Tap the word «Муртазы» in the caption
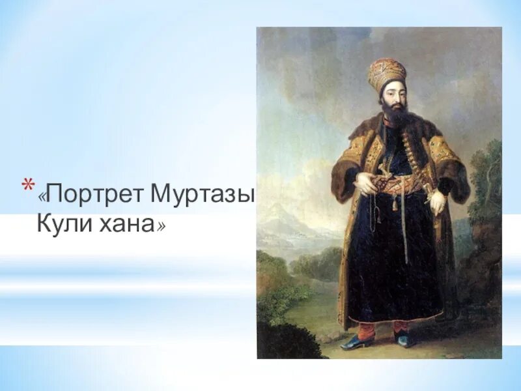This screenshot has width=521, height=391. pyautogui.click(x=202, y=194)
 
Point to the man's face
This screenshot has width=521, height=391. pyautogui.click(x=393, y=98)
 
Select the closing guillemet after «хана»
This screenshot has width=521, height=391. pyautogui.click(x=160, y=225)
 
